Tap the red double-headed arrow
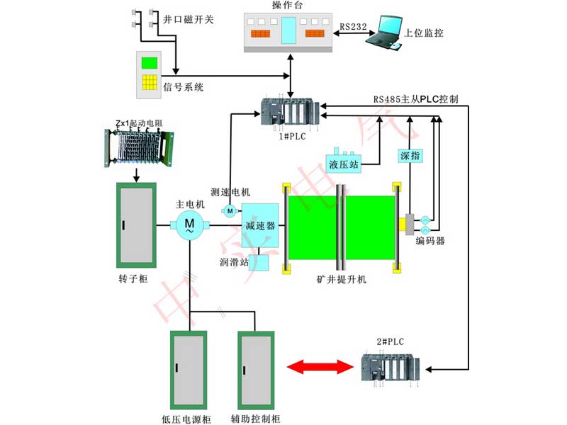point(320,367)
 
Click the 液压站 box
point(344,163)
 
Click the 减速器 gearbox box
point(259,226)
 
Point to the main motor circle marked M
point(189,226)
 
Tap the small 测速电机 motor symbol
point(230,210)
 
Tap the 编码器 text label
point(430,241)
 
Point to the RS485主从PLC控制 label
point(416,99)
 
